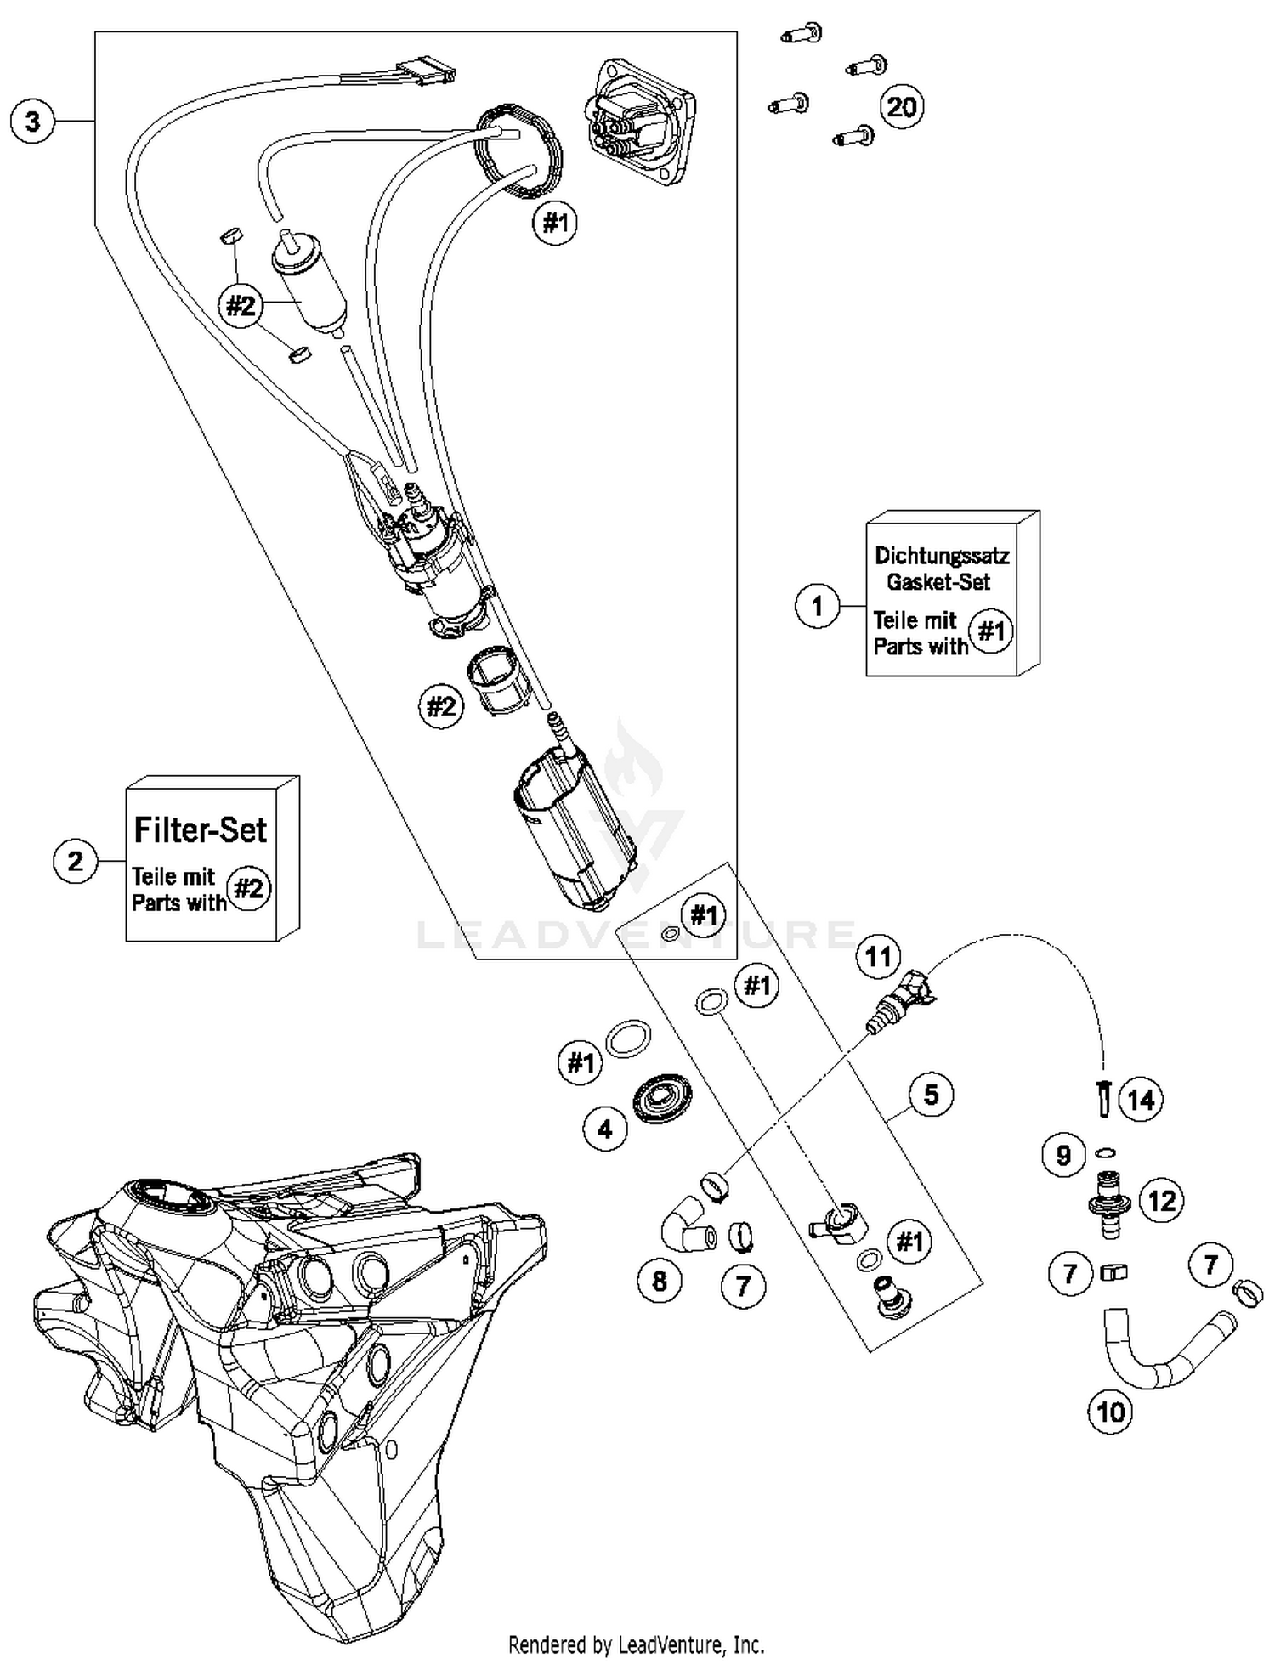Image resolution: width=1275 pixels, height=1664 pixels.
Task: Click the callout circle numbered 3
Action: coord(32,122)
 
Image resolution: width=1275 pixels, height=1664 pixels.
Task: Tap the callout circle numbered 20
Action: coord(901,107)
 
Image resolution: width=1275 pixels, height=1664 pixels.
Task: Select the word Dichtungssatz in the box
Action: coord(942,556)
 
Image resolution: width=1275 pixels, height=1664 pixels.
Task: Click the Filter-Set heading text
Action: coord(201,829)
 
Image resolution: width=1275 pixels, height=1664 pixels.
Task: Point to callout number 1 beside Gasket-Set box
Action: coord(818,606)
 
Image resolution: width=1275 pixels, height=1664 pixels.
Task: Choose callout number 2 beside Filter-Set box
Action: coord(76,861)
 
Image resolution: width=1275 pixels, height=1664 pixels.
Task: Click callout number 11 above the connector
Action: coord(878,956)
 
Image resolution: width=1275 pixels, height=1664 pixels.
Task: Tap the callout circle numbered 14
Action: coord(1141,1100)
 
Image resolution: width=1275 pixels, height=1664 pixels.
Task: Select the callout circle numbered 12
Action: coord(1161,1201)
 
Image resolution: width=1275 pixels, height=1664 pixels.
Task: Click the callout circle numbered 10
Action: coord(1111,1412)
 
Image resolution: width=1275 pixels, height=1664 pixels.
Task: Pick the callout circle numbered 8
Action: coord(660,1281)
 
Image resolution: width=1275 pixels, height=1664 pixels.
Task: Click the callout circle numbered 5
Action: coord(931,1095)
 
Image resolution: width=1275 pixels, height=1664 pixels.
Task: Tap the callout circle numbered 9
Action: coord(1063,1155)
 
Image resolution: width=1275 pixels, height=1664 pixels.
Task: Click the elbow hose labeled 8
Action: coord(685,1224)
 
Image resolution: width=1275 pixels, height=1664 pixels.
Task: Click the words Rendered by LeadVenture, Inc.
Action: coord(637,1644)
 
